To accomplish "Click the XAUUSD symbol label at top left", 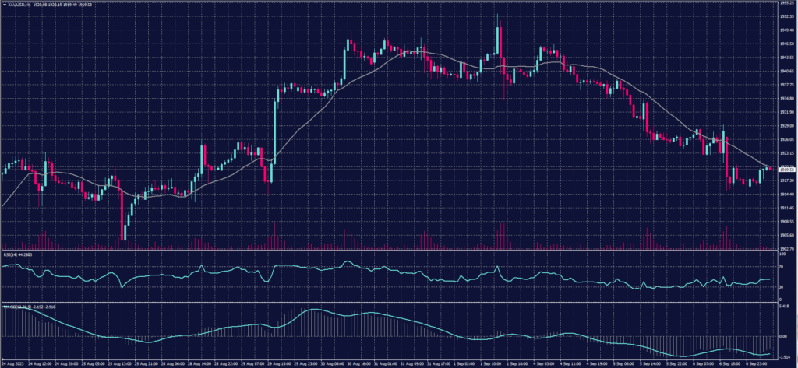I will point(17,5).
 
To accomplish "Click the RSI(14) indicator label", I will point(13,254).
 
